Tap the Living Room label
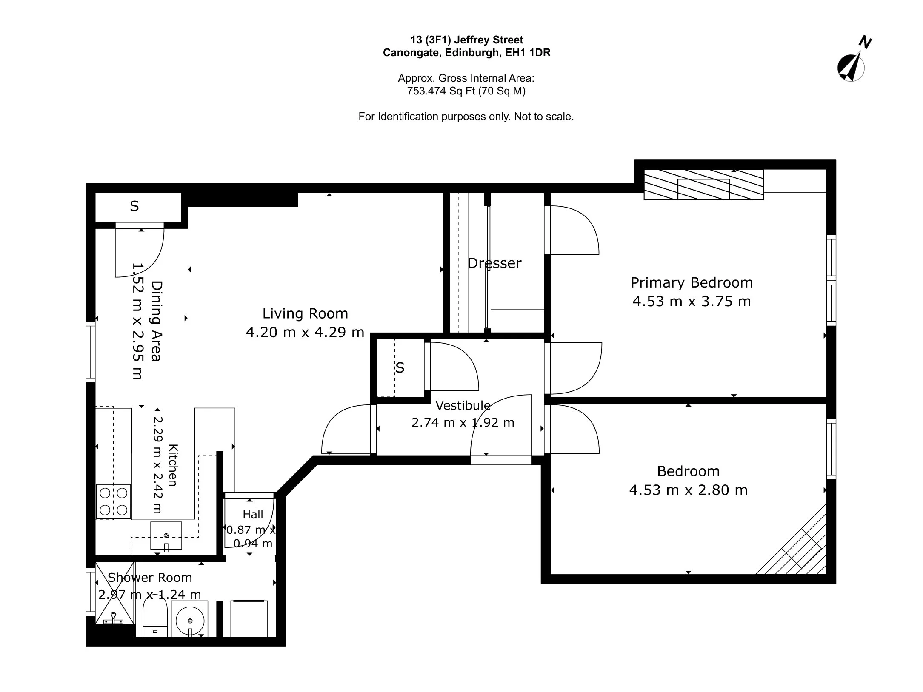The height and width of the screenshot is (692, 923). coord(305,314)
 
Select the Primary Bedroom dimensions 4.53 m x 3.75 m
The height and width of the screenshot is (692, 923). coord(692,302)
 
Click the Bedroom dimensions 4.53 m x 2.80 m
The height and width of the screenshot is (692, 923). coord(688,490)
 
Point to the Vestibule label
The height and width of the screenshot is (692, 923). coord(463,405)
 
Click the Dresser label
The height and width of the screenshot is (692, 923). coord(494,263)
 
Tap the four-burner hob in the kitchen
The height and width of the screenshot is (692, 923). coord(114,501)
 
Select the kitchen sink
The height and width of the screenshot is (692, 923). coord(166,535)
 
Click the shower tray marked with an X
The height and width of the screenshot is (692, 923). coord(114,593)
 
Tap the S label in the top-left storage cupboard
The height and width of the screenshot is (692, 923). coord(134,206)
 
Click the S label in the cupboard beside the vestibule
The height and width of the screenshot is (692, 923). coord(400,367)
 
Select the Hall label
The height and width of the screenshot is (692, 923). coord(253,515)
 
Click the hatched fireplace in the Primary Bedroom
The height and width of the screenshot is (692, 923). coord(703,185)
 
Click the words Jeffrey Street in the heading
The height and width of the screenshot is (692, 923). coord(489,40)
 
